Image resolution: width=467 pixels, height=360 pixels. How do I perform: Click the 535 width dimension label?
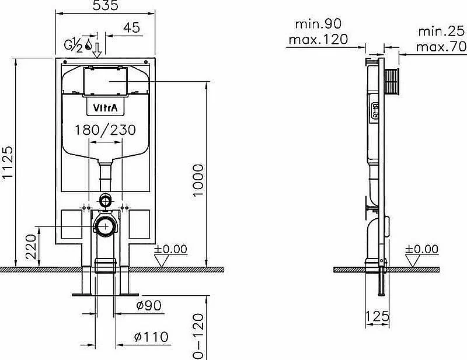point(106,5)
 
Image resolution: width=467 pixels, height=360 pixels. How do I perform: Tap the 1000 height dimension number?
point(198,180)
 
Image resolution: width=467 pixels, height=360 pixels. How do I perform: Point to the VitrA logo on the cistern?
point(105,107)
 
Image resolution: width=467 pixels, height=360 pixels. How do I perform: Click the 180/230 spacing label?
point(105,130)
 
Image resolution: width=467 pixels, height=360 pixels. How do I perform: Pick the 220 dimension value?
point(31,247)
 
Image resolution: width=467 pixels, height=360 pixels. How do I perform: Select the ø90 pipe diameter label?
point(149,306)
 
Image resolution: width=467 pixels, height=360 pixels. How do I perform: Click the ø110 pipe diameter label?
point(151,337)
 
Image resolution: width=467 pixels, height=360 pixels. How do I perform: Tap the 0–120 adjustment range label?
point(198,337)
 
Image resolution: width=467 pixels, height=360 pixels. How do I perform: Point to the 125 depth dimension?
point(377,316)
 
